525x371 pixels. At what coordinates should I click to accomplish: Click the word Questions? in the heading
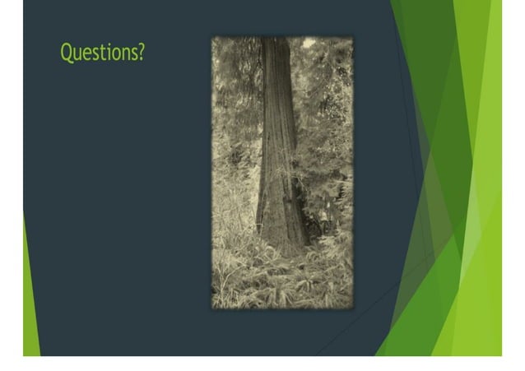[x=103, y=53]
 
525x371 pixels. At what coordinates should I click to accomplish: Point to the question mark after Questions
[x=142, y=53]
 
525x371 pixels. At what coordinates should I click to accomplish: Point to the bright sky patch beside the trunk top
[x=309, y=43]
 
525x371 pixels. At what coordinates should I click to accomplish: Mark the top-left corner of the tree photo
[x=212, y=37]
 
